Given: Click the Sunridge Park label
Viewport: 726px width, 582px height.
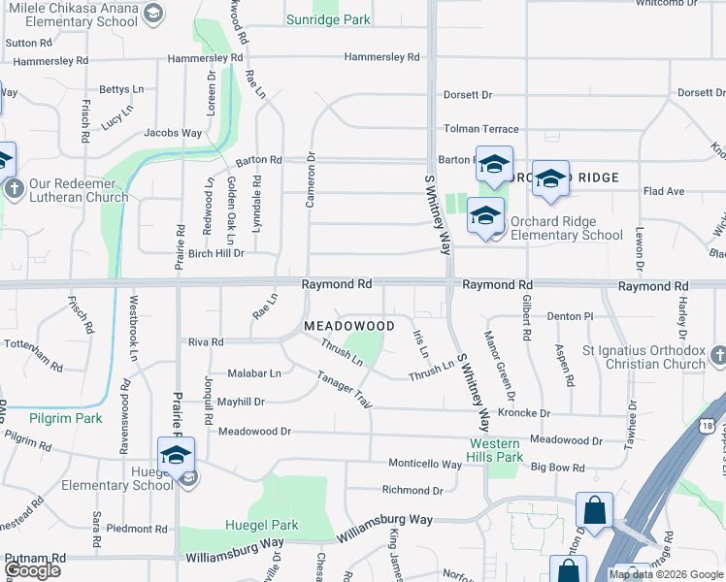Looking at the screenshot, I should pyautogui.click(x=329, y=19).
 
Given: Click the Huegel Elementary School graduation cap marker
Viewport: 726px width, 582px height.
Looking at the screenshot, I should pyautogui.click(x=176, y=455).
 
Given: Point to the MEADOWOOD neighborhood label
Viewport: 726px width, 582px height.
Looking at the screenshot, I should pyautogui.click(x=349, y=326).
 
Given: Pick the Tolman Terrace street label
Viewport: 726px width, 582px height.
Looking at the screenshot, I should pyautogui.click(x=480, y=129).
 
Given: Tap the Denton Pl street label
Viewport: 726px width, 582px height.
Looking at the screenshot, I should pyautogui.click(x=569, y=316).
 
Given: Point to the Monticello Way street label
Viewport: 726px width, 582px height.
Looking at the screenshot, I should pyautogui.click(x=425, y=464).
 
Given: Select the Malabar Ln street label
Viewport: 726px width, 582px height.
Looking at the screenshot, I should pyautogui.click(x=254, y=372).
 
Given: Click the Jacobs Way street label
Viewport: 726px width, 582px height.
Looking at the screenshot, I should pyautogui.click(x=173, y=133).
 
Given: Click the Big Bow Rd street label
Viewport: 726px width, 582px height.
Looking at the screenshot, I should pyautogui.click(x=557, y=468).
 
